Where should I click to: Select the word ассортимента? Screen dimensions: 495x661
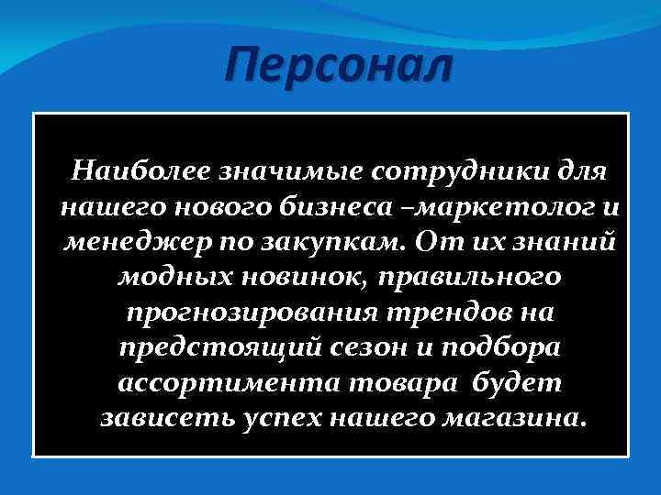coord(211,385)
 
